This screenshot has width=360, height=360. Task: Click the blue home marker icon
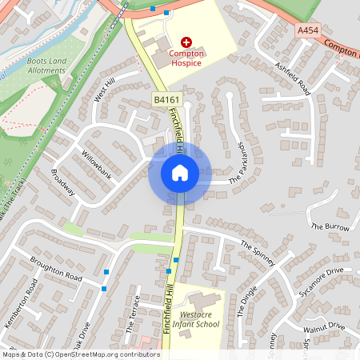coord(179,173)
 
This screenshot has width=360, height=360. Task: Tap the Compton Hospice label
coord(187,58)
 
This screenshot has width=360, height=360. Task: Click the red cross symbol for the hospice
coord(187,41)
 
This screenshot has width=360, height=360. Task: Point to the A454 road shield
coord(308,30)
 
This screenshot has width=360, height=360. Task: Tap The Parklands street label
coord(241,165)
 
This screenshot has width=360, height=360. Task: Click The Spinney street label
coord(258,252)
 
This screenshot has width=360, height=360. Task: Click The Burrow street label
coord(330,227)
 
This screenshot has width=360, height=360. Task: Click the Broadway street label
coord(62,183)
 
